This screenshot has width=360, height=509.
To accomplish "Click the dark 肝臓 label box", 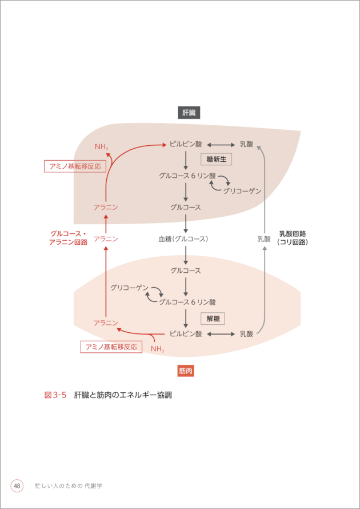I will click(189, 113).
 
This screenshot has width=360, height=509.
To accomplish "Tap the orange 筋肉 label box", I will click(186, 371).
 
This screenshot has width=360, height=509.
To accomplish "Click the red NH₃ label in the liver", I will click(101, 148).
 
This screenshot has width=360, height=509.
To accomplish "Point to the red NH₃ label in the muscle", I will click(157, 349).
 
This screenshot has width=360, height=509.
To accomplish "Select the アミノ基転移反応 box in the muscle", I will click(111, 347).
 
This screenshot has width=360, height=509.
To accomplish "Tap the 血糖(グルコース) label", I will click(183, 238).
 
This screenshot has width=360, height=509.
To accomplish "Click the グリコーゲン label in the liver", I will click(242, 190).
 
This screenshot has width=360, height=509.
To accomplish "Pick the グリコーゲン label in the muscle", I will click(130, 287).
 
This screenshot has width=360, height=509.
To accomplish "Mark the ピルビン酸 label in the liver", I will click(186, 144).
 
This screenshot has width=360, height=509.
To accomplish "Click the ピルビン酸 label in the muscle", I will click(186, 333).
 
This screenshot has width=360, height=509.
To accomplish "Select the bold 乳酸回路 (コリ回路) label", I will click(292, 238).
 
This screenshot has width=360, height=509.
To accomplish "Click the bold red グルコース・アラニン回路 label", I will click(68, 238).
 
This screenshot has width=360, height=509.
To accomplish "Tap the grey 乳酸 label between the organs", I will click(263, 238).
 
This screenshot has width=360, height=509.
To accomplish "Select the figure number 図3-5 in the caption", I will click(55, 395).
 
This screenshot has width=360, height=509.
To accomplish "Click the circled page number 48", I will click(17, 486).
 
